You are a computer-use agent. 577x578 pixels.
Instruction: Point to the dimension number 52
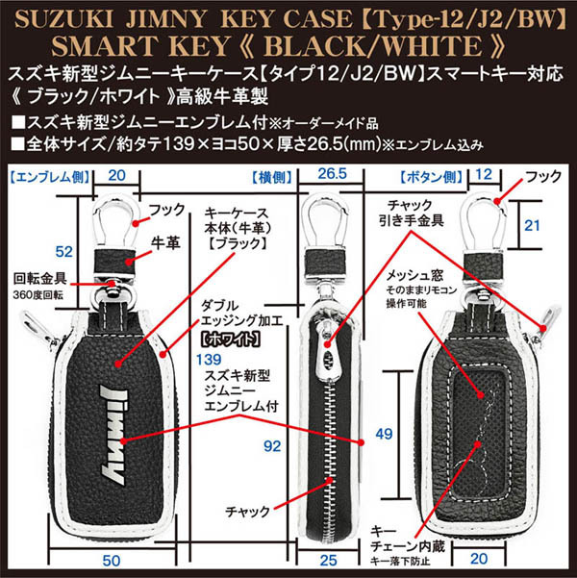tap(64, 251)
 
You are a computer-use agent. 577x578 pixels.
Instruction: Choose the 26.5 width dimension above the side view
tap(331, 175)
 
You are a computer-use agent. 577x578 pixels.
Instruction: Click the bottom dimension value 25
tap(328, 560)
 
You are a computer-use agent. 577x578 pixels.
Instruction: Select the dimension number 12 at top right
tap(485, 175)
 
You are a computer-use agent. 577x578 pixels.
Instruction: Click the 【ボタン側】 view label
tap(429, 176)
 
